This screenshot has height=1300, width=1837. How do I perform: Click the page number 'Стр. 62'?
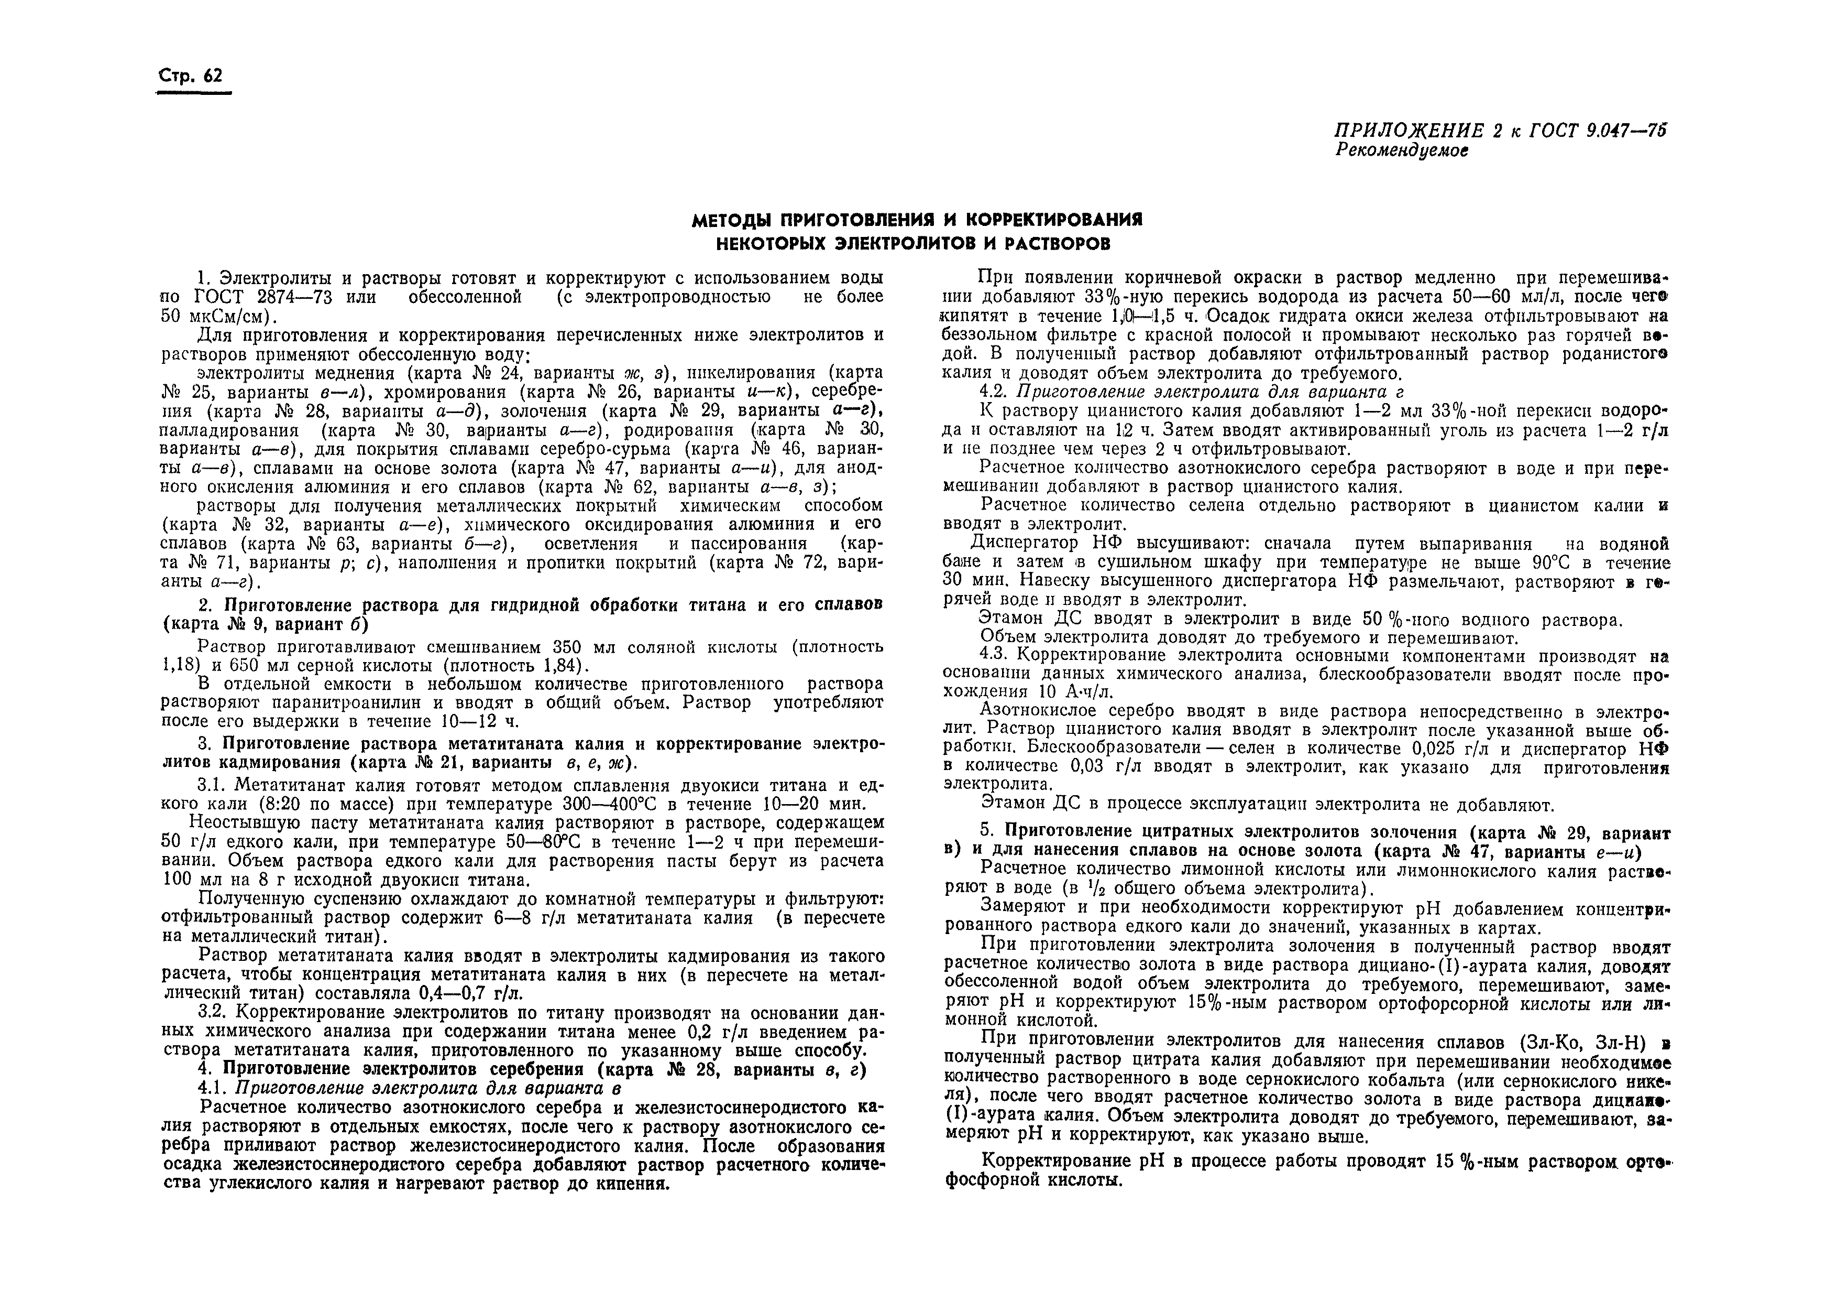pos(191,76)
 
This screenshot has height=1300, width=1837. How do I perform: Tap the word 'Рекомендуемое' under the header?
pos(1402,150)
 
